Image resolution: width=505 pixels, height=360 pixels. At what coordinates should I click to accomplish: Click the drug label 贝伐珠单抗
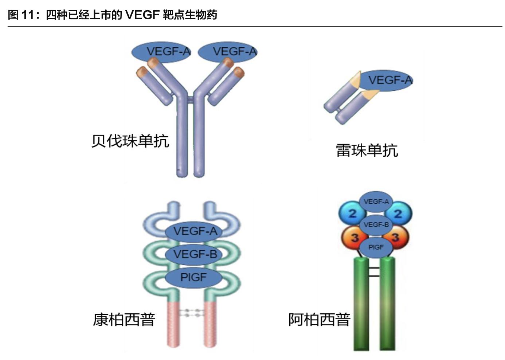click(130, 141)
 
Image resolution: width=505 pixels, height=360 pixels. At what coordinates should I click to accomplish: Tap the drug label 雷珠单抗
click(367, 150)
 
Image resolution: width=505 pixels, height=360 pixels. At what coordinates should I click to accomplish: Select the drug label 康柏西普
click(124, 320)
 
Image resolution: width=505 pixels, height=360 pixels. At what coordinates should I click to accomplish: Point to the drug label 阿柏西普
click(319, 320)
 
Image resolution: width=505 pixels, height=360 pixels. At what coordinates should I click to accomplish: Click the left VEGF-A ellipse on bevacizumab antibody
click(161, 52)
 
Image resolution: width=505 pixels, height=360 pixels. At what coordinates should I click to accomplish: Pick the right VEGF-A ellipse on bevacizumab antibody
click(228, 52)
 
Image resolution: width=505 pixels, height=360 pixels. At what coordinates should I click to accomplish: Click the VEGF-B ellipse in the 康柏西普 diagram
click(193, 254)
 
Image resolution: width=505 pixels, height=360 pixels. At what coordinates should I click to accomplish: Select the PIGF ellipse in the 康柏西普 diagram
click(193, 278)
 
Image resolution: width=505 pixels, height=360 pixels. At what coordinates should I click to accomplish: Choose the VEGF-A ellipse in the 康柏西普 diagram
click(193, 231)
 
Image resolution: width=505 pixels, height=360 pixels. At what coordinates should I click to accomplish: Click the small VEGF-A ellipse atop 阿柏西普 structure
click(376, 201)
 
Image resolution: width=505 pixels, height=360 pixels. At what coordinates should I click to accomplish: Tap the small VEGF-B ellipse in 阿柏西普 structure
click(376, 225)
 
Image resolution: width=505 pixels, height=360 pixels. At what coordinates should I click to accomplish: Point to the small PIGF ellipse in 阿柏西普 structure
click(376, 247)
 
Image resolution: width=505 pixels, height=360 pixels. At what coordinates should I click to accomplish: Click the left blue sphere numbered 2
click(352, 214)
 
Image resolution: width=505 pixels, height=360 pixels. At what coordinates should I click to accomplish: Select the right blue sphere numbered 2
click(399, 214)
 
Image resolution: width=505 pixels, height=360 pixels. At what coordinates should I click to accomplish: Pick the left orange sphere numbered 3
click(354, 238)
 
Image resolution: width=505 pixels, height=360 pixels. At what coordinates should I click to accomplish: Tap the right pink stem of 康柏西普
click(211, 322)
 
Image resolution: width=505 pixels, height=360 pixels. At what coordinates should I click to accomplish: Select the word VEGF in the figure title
click(142, 15)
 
